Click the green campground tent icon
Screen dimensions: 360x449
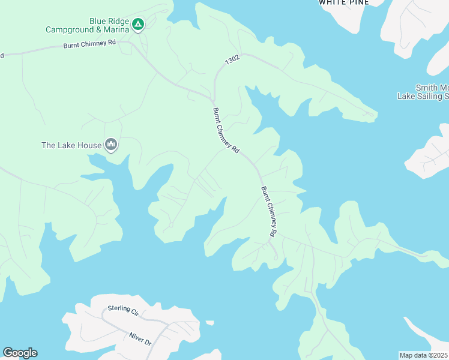tap(138, 25)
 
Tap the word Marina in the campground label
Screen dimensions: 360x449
tap(115, 29)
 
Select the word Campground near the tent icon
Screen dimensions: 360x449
tap(71, 29)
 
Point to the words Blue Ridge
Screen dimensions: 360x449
tap(109, 21)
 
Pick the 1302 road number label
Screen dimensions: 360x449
tap(232, 61)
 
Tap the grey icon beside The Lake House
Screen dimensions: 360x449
tap(111, 145)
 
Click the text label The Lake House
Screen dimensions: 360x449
tap(71, 145)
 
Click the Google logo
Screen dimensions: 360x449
tap(20, 353)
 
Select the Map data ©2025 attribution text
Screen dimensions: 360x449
tap(423, 355)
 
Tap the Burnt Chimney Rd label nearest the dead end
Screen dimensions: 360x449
tap(269, 211)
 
